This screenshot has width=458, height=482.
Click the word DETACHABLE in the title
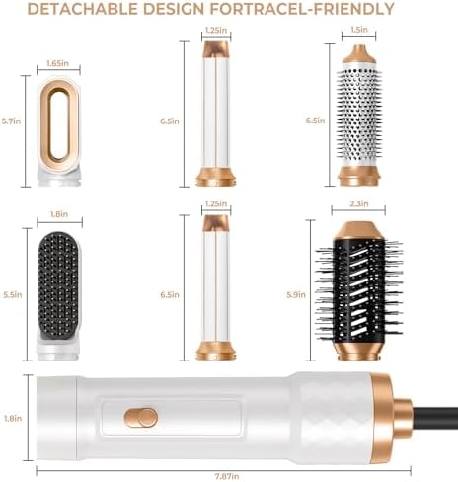coord(82,9)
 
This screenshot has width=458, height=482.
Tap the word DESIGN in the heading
coord(174,9)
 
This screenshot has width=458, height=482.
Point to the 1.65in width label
coord(58,63)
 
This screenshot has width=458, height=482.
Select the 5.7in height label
coord(11,121)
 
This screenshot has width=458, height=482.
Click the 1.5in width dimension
coord(359,30)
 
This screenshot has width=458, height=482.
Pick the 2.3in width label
coord(359,203)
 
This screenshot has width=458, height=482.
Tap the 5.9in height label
coord(296,294)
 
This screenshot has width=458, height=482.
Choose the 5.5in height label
coord(13,294)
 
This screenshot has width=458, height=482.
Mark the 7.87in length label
coord(227,476)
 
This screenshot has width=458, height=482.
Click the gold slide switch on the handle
coord(141,418)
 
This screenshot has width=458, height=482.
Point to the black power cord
coord(434,418)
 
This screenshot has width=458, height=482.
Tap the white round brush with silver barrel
coord(359,116)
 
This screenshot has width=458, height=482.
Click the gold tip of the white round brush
coord(359,54)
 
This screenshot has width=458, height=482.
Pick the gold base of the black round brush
coord(358,351)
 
